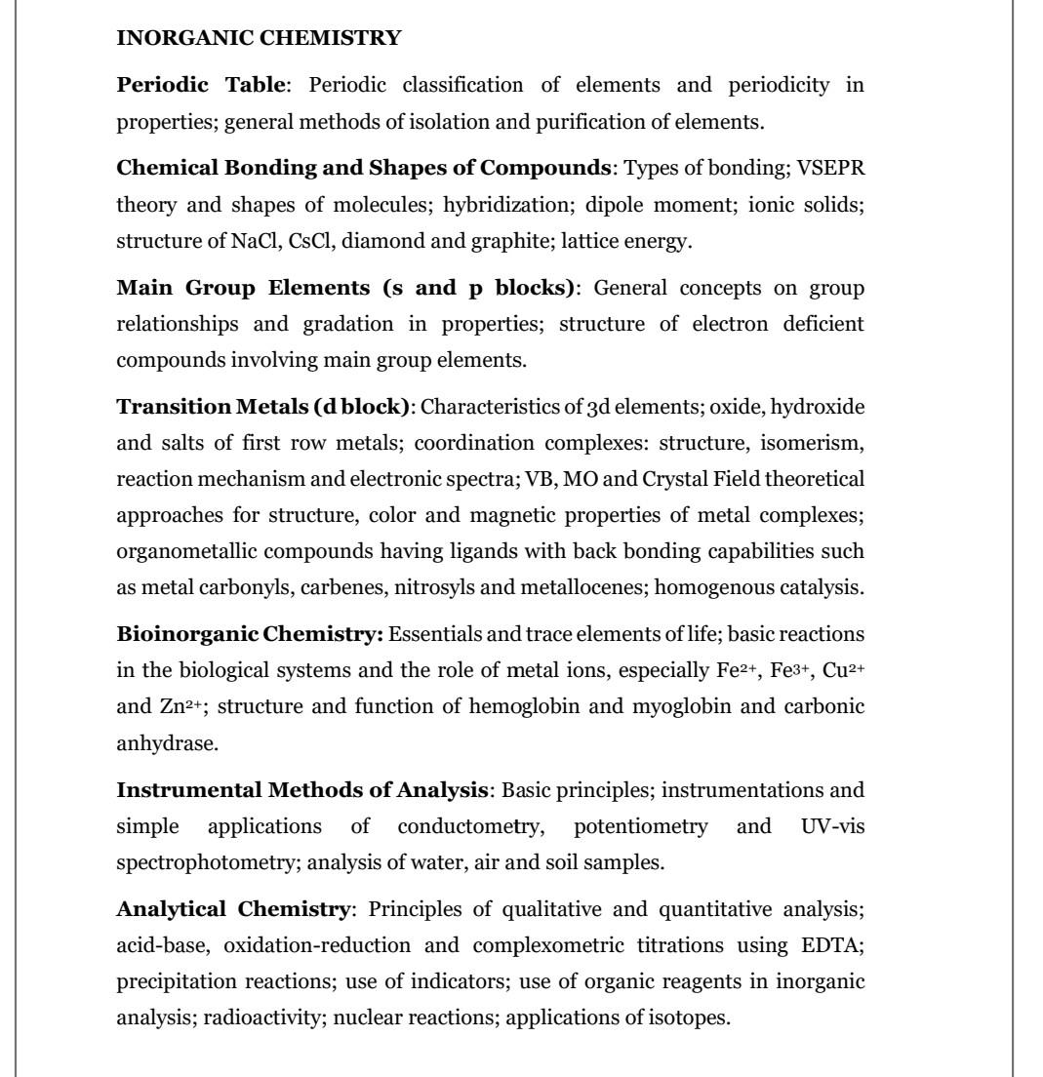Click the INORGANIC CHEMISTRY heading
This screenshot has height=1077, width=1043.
point(259,38)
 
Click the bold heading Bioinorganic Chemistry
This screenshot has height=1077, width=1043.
point(250,634)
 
